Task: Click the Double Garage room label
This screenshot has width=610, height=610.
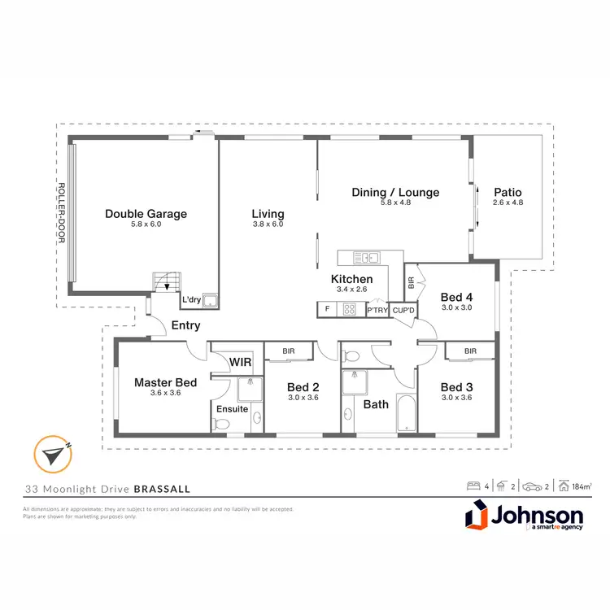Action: pos(146,214)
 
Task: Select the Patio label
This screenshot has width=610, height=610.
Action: pos(508,192)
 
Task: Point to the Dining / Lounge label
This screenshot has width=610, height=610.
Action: pos(395,193)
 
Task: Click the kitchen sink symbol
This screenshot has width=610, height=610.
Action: pos(367,259)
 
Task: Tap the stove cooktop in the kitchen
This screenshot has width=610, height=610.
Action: pos(350,309)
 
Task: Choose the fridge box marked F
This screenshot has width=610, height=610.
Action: pos(327,309)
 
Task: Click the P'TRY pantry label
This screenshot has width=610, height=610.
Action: pos(377,310)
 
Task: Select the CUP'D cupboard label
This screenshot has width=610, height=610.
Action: pos(403,310)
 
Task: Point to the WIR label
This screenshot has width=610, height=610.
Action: pos(239,360)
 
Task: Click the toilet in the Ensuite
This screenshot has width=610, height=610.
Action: pos(219,422)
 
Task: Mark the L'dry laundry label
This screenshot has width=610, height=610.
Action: pos(191,300)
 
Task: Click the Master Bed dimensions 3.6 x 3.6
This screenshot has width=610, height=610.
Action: pos(165,393)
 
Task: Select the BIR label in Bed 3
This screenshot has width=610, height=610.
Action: pos(470,351)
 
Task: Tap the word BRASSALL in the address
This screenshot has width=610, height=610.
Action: pos(163,490)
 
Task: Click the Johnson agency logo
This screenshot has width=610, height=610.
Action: pos(524,517)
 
